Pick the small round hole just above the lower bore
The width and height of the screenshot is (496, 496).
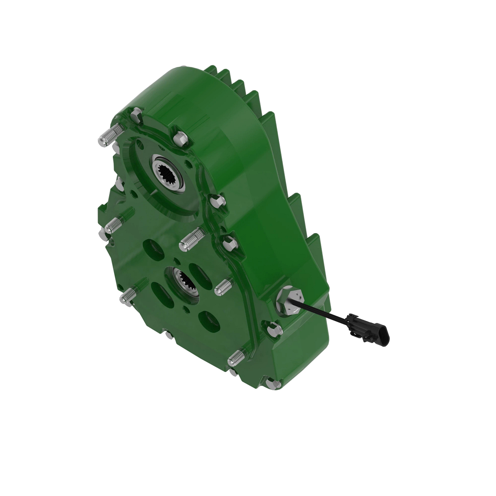[x=176, y=261]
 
